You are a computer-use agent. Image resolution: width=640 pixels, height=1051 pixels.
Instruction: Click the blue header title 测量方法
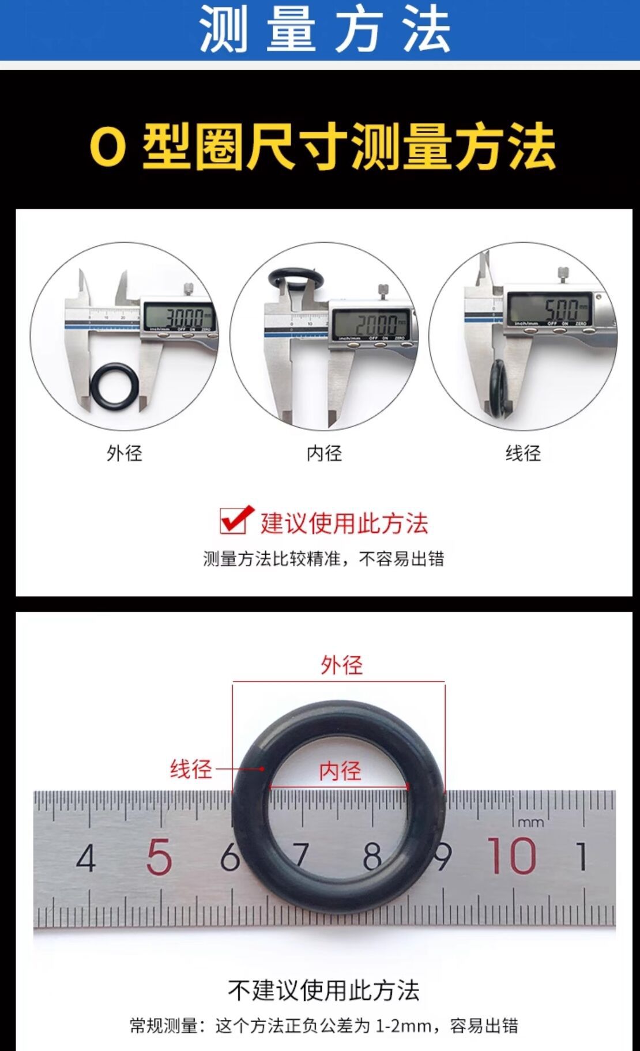coord(324,30)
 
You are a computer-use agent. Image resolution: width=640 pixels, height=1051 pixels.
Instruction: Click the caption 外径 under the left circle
coord(124,453)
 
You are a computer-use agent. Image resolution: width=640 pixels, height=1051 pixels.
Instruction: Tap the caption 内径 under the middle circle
coord(324,453)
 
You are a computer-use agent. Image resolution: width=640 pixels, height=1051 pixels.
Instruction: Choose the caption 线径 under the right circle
coord(523,453)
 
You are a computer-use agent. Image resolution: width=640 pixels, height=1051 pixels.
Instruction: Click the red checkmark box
coord(235,520)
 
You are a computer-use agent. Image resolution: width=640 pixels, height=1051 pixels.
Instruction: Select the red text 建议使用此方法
coord(344,523)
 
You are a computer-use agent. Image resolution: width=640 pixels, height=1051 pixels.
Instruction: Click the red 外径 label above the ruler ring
coord(341,665)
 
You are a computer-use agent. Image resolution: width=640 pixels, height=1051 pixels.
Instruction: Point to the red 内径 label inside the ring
coord(340,771)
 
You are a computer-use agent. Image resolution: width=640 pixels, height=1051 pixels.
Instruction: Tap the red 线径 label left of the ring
coord(191,769)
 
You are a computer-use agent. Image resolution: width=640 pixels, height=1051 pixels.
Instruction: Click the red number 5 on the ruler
coord(159,857)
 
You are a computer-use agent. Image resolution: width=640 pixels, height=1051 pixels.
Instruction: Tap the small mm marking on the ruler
coord(530,822)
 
